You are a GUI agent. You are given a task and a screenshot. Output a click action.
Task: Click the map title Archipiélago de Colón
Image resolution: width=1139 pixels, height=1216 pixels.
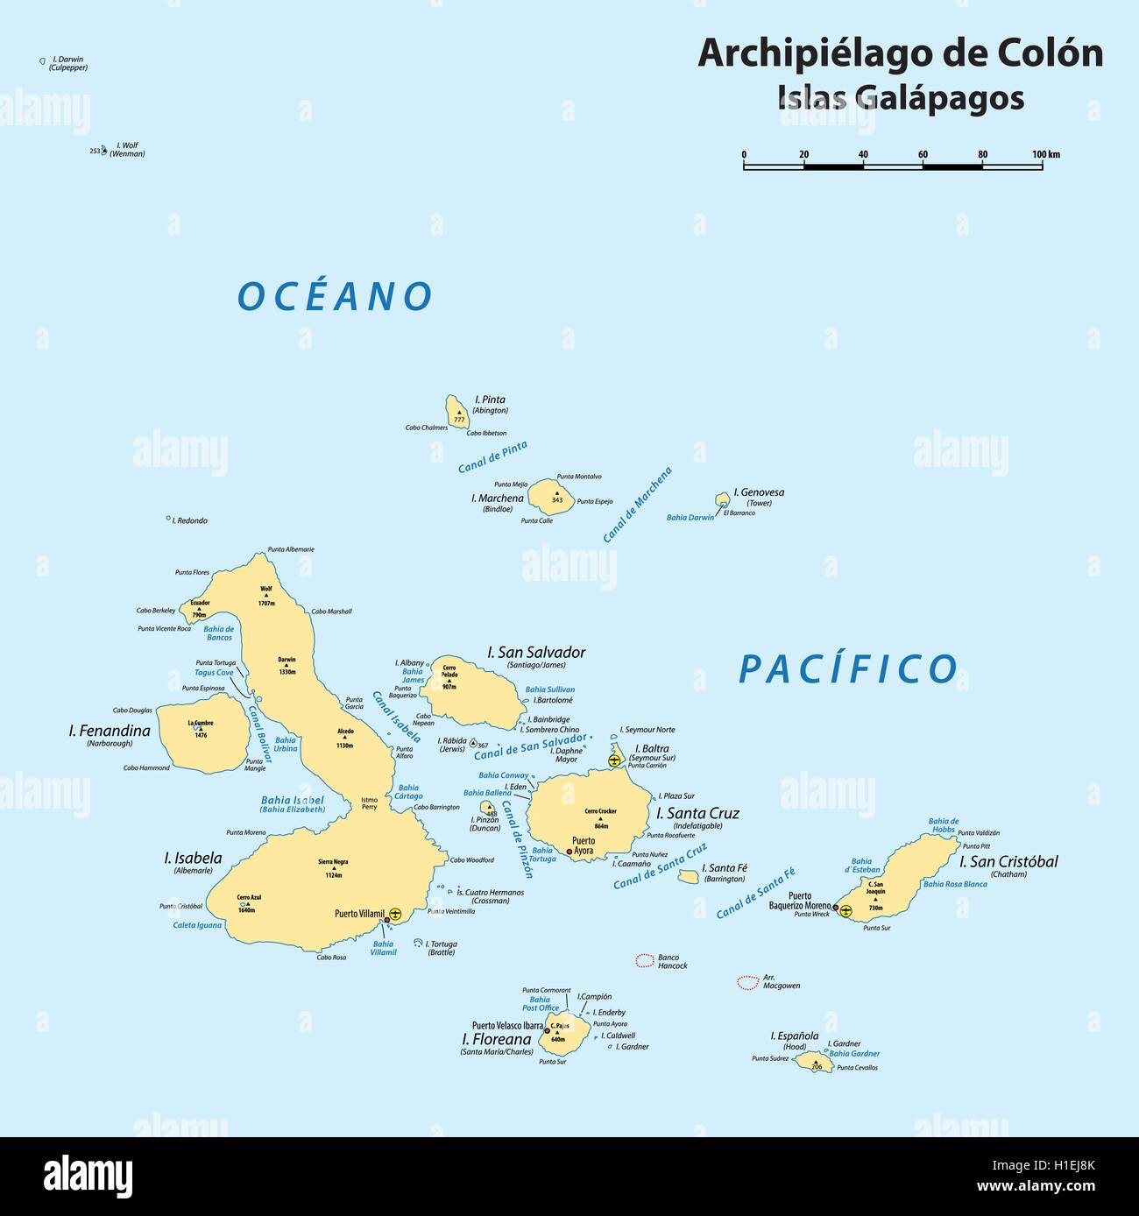(x=900, y=54)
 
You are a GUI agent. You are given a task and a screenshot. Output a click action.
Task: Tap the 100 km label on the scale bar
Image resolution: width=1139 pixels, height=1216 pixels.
(x=1045, y=154)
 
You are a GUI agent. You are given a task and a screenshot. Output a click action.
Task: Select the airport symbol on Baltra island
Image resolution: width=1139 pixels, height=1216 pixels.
(x=614, y=760)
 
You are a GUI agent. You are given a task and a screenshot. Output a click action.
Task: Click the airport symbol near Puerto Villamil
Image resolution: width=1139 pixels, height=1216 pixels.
(x=395, y=914)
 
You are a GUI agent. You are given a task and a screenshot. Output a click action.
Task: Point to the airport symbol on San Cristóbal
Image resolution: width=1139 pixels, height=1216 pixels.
(x=845, y=911)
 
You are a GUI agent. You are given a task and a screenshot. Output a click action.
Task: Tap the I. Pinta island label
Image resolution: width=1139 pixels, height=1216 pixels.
(x=489, y=399)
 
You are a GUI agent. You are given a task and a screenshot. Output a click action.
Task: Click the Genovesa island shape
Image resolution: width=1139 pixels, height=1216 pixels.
(x=722, y=499)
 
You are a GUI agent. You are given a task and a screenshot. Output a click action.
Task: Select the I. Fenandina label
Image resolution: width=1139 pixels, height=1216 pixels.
(x=110, y=731)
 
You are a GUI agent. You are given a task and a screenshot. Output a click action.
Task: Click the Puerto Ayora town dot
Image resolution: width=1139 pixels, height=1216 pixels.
(x=569, y=852)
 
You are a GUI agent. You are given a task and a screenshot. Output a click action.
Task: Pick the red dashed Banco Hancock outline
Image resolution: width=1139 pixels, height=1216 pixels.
(x=644, y=960)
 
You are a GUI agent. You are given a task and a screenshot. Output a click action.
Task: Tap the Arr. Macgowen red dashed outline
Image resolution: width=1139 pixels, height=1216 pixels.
(x=747, y=983)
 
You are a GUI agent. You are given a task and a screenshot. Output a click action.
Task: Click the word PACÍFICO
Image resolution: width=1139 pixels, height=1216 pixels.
(x=848, y=669)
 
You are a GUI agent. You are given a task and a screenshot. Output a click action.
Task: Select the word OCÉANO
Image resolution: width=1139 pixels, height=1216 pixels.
(x=336, y=297)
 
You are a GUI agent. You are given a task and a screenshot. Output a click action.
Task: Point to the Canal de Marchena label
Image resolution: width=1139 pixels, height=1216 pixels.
(x=637, y=505)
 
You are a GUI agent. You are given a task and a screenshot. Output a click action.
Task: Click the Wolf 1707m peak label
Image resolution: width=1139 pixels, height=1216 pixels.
(x=266, y=596)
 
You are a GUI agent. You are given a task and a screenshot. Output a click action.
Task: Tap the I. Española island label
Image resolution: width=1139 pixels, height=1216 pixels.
(x=794, y=1036)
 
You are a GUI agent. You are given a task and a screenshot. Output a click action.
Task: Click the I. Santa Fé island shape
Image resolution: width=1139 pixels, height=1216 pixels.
(x=688, y=875)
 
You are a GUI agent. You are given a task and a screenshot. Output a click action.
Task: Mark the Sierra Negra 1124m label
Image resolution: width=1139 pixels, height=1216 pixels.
(x=333, y=867)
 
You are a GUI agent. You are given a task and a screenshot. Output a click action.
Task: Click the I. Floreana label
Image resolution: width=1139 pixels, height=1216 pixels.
(x=496, y=1040)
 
